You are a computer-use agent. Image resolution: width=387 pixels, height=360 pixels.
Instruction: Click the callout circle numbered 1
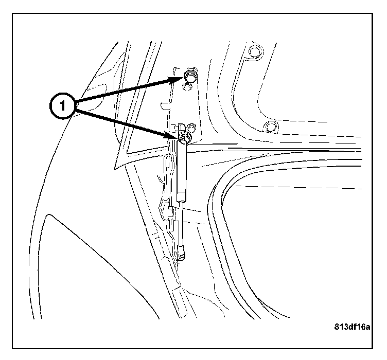point(62,106)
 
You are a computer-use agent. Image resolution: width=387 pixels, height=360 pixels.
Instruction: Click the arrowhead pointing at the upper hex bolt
point(177,80)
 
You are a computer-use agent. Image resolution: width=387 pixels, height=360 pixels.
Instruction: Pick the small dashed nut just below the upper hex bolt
point(187,87)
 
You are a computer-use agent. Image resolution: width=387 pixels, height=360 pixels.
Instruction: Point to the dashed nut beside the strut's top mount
point(191,128)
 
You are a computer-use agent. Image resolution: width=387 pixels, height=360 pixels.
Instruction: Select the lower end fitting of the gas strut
point(181,253)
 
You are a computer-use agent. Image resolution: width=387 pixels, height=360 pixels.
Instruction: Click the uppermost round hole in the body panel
point(254,51)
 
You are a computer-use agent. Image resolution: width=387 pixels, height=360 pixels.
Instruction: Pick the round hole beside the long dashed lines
point(269,127)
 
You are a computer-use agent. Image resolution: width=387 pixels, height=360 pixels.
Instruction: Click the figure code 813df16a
point(352,327)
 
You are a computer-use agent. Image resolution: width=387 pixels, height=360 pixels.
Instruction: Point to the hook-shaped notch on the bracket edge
point(165,105)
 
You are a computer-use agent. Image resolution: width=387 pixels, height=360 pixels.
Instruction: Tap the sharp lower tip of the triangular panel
point(115,169)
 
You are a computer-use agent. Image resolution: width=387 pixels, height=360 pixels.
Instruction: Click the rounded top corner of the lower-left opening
point(49,215)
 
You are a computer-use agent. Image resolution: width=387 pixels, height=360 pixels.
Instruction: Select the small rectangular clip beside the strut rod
point(170,208)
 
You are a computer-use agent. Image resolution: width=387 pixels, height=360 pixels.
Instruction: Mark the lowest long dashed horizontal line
point(298,187)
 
